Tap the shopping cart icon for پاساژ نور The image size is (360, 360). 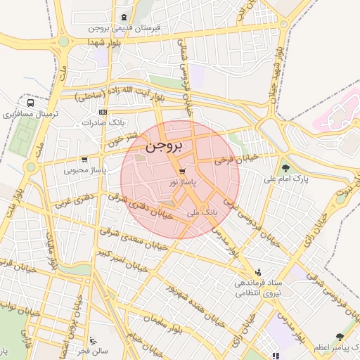coord(182,171)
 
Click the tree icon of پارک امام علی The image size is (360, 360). coord(286,167)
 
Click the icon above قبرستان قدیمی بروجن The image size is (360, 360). coord(124,17)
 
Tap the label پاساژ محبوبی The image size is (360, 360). coord(84,169)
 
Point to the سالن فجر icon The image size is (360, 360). coord(93,340)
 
